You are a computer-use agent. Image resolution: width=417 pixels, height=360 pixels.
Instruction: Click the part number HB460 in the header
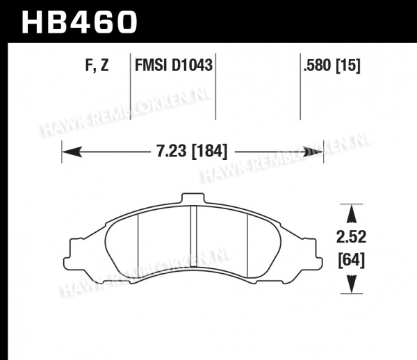[x=79, y=22]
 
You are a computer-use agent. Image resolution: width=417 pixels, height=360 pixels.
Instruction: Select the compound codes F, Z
[x=97, y=65]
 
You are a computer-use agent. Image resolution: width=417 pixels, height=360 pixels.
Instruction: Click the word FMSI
[x=152, y=65]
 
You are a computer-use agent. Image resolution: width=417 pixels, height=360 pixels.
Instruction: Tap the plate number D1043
[x=192, y=65]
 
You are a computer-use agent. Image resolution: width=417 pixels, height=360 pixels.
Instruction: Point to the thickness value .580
[x=318, y=65]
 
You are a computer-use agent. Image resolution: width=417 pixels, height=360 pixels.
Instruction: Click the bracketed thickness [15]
[x=348, y=65]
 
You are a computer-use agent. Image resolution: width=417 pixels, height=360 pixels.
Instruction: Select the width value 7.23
[x=172, y=152]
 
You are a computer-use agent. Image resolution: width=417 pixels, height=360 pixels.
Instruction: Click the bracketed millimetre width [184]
[x=210, y=152]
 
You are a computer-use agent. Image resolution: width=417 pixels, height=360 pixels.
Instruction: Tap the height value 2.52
[x=351, y=237]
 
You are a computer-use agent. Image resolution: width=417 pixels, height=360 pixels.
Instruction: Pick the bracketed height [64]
[x=351, y=261]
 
